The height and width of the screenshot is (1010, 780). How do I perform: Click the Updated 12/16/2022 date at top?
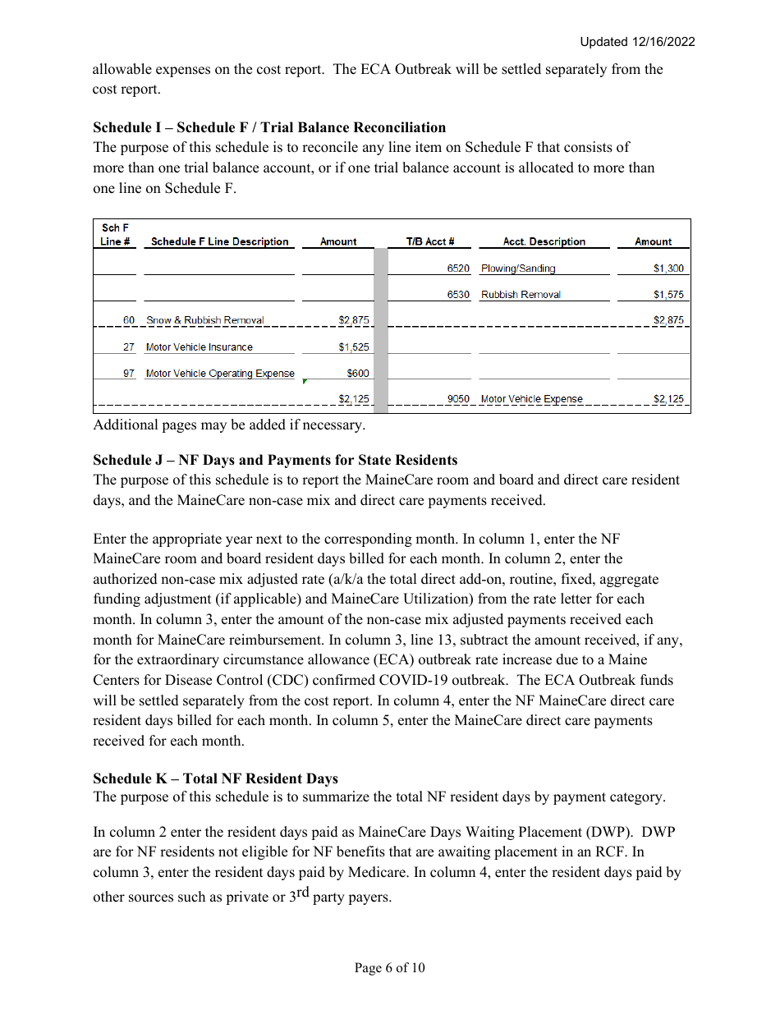pyautogui.click(x=637, y=42)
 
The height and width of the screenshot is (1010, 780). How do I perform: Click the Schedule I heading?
pyautogui.click(x=269, y=127)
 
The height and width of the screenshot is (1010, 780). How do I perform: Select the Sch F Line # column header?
pyautogui.click(x=115, y=235)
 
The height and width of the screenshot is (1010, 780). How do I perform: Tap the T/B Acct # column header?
pyautogui.click(x=430, y=241)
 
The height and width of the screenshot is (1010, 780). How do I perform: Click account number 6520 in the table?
pyautogui.click(x=458, y=269)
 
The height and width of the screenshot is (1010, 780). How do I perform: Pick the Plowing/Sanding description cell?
pyautogui.click(x=518, y=269)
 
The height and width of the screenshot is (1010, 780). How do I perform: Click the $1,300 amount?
pyautogui.click(x=668, y=269)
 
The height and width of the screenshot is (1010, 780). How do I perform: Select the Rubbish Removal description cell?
pyautogui.click(x=521, y=295)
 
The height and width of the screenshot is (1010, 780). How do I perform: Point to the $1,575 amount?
pyautogui.click(x=668, y=295)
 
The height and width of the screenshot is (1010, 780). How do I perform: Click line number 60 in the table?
pyautogui.click(x=129, y=320)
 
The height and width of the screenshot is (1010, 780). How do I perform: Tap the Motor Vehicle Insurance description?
pyautogui.click(x=200, y=347)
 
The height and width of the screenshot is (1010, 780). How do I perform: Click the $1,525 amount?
pyautogui.click(x=354, y=347)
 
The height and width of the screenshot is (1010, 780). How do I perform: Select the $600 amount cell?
pyautogui.click(x=358, y=373)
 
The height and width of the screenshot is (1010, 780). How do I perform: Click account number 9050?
pyautogui.click(x=458, y=399)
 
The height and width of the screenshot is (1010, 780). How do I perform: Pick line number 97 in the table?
pyautogui.click(x=129, y=373)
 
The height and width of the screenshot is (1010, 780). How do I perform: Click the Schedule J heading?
pyautogui.click(x=275, y=460)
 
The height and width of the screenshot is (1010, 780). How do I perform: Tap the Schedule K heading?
pyautogui.click(x=215, y=778)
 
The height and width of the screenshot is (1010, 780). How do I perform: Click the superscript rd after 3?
pyautogui.click(x=302, y=893)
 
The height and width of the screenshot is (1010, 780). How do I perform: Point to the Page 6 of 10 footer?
pyautogui.click(x=390, y=968)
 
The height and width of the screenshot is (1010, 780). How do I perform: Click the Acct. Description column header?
pyautogui.click(x=544, y=241)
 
